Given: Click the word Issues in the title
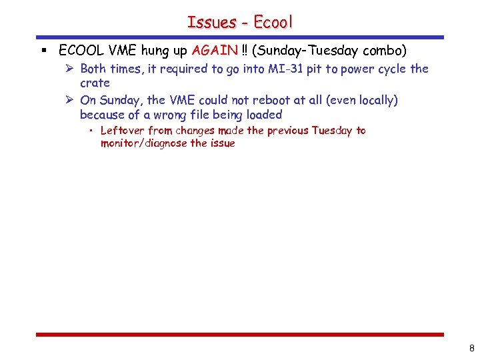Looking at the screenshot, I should click(x=212, y=22).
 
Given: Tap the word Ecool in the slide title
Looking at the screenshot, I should click(x=272, y=22).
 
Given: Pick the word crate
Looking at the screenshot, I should click(x=95, y=83).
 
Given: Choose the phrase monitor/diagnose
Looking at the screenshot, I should click(x=143, y=143).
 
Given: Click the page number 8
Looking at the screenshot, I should click(x=471, y=347).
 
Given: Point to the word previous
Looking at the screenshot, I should click(x=288, y=131).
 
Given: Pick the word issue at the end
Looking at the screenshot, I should click(x=222, y=143).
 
